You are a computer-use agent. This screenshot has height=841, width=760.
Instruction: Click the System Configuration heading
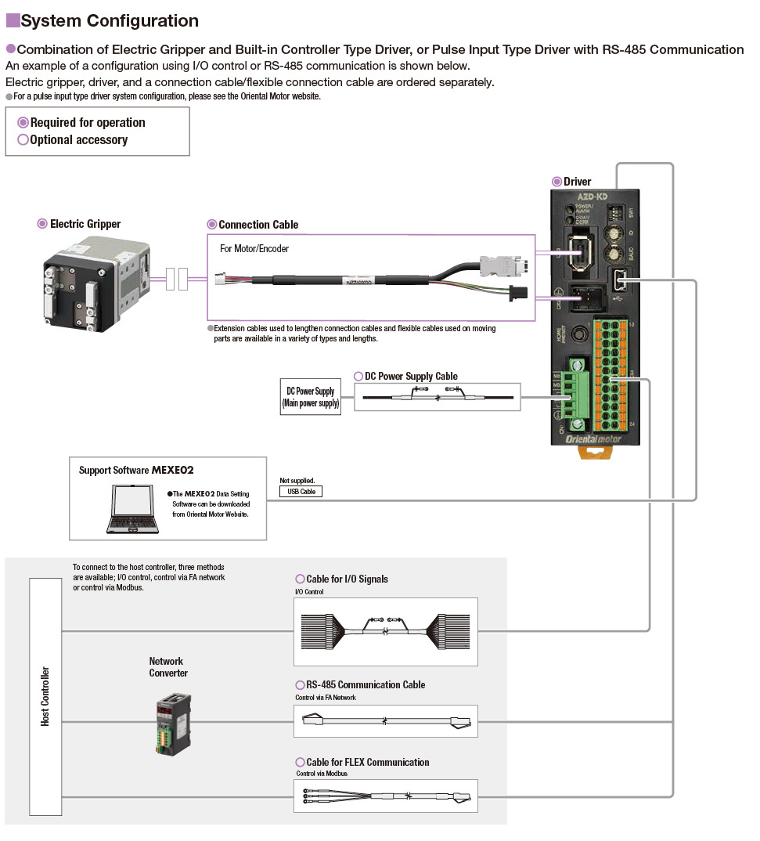[x=110, y=21]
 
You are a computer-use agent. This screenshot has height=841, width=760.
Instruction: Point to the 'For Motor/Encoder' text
[x=254, y=249]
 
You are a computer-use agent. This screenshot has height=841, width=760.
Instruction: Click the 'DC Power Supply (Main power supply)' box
[x=310, y=398]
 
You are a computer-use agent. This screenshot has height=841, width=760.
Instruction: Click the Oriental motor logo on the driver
[x=594, y=439]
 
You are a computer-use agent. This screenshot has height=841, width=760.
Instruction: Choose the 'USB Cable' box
[x=301, y=492]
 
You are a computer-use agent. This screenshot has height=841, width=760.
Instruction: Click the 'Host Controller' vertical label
[x=45, y=696]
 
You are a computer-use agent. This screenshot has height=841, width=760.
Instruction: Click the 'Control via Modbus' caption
[x=321, y=774]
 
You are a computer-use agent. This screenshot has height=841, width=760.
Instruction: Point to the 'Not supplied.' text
[x=297, y=481]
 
